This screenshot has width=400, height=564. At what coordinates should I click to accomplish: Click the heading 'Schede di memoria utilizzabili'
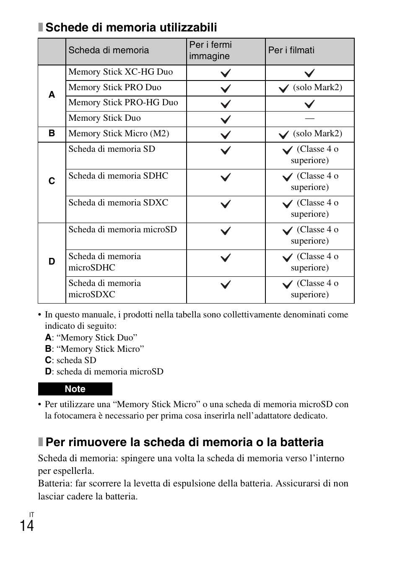click(131, 28)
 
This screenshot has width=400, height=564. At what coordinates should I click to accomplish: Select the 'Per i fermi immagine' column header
click(210, 50)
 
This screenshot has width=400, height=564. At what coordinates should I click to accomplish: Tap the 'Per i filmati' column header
click(291, 50)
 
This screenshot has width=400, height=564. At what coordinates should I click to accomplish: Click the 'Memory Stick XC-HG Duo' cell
click(120, 72)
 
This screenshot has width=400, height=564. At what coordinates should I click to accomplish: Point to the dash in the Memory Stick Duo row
click(309, 119)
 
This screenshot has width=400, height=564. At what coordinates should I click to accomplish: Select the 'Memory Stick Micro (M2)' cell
click(119, 134)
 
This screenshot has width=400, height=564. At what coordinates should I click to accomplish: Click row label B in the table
click(52, 133)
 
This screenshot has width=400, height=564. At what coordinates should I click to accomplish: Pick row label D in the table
click(52, 262)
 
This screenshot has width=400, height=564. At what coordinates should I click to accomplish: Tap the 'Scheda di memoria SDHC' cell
click(118, 176)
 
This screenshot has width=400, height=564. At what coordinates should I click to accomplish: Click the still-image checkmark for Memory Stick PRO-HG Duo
click(226, 104)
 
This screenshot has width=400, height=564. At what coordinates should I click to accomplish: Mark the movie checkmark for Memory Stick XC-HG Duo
click(309, 73)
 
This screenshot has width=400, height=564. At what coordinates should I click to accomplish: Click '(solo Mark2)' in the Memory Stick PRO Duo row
click(317, 88)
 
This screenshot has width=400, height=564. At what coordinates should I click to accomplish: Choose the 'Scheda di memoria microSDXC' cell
click(104, 289)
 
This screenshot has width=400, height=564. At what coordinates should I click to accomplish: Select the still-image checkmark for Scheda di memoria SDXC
click(226, 204)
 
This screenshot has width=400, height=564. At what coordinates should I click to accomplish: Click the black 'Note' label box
click(75, 389)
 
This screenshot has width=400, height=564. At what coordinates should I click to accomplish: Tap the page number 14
click(27, 526)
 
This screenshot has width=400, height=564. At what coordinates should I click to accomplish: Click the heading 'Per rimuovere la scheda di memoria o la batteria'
click(184, 442)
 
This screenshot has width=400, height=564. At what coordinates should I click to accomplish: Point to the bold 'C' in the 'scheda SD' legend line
click(48, 360)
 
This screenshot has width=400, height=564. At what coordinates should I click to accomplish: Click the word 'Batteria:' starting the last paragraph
click(55, 483)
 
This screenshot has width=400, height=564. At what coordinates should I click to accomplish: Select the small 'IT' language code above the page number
click(31, 515)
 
